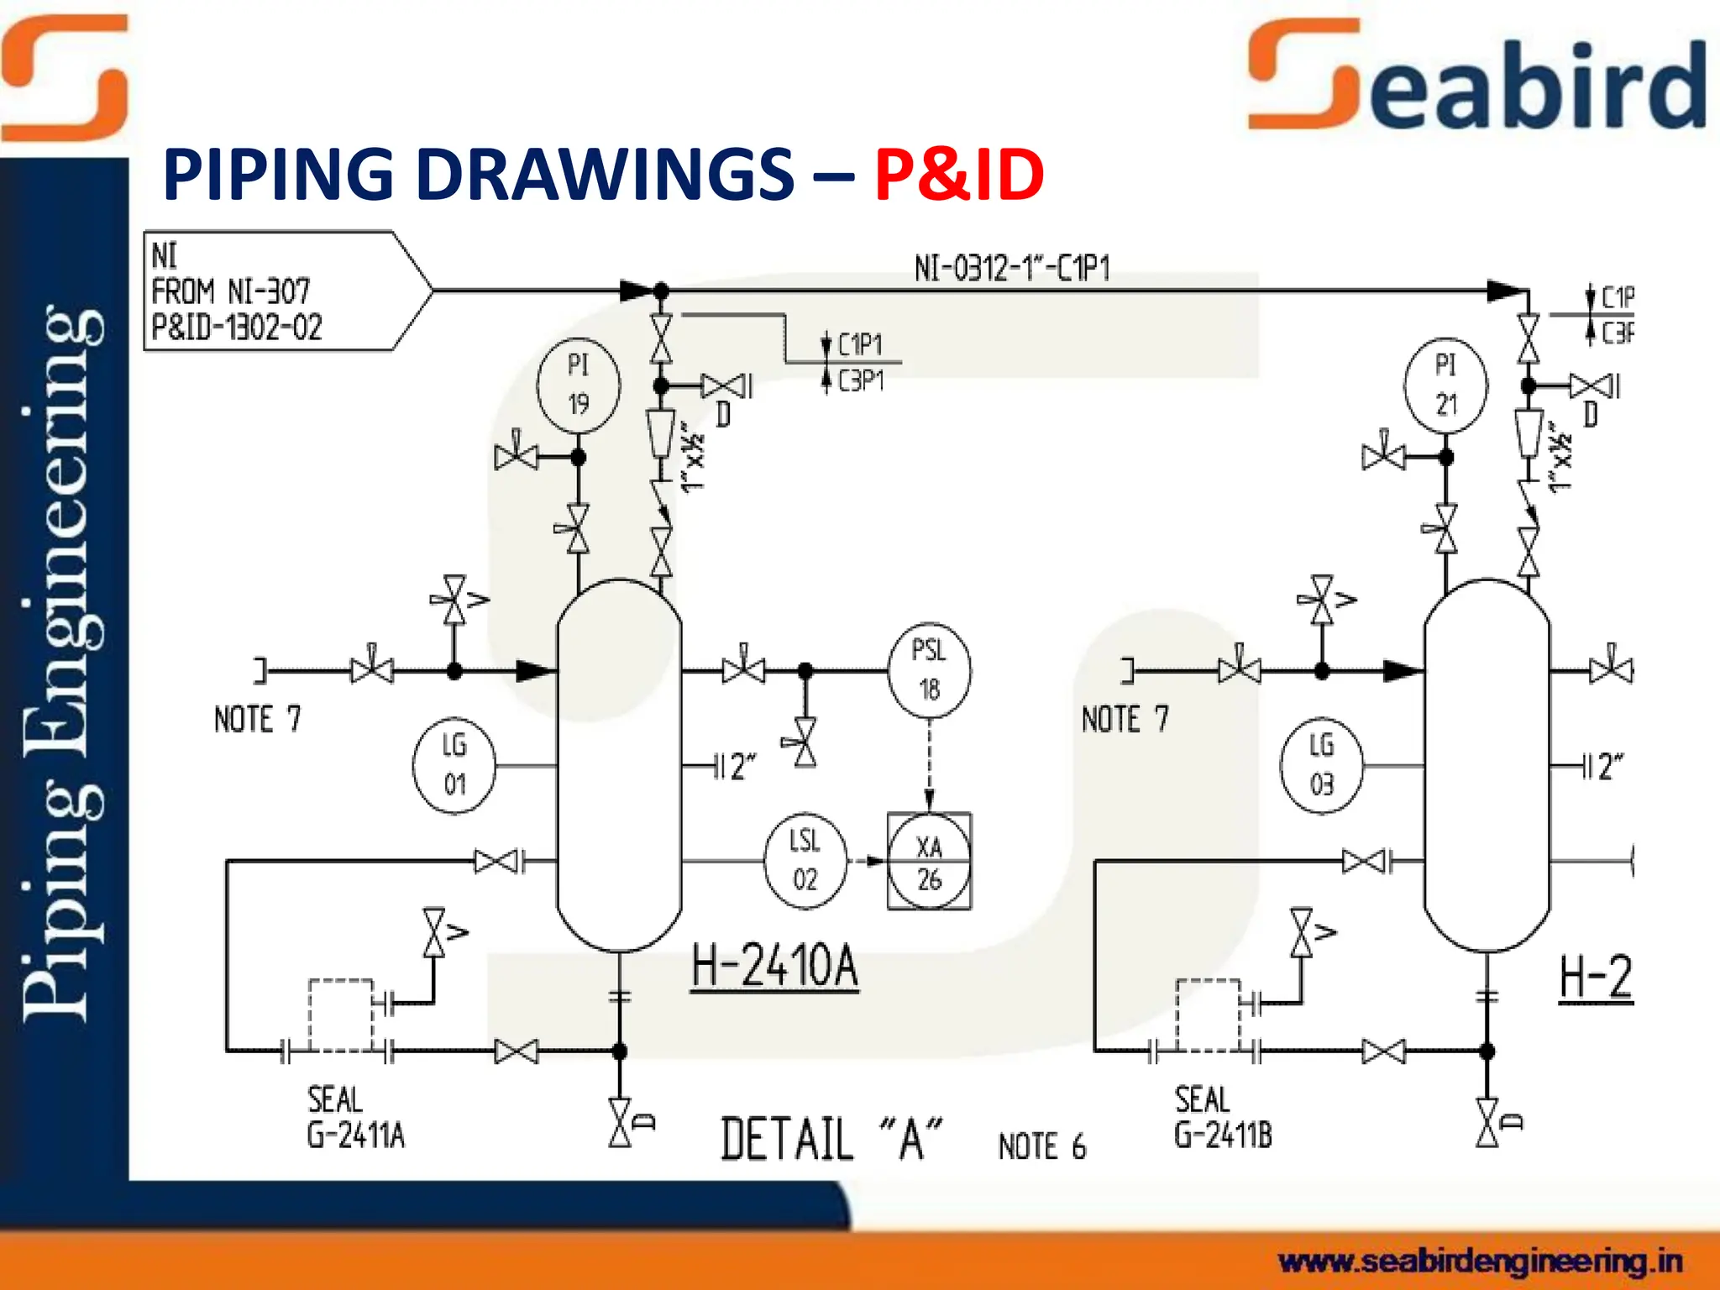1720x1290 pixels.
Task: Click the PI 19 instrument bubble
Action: coord(578,385)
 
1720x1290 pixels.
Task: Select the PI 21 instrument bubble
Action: coord(1445,385)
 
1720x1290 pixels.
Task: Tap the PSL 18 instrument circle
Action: coord(929,670)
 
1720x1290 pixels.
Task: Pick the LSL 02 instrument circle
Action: coord(805,861)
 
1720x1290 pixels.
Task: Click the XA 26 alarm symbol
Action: coord(929,862)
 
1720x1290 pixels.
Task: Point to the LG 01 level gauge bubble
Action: coord(454,766)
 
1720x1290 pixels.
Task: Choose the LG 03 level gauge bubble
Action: coord(1321,766)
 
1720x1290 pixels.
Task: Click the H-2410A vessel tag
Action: coord(774,966)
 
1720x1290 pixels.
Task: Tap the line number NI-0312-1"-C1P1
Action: coord(1012,270)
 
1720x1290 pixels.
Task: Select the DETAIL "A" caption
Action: coord(831,1141)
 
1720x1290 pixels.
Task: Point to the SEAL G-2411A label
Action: coord(355,1118)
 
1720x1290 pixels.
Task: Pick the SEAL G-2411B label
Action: coord(1223,1118)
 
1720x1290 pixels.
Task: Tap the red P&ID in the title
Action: coord(959,175)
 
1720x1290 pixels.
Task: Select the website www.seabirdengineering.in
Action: coord(1480,1261)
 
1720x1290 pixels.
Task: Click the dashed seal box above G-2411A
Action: coord(340,1015)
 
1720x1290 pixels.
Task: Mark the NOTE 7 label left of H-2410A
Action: coord(257,720)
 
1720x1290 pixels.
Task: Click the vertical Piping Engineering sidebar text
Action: coord(63,663)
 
